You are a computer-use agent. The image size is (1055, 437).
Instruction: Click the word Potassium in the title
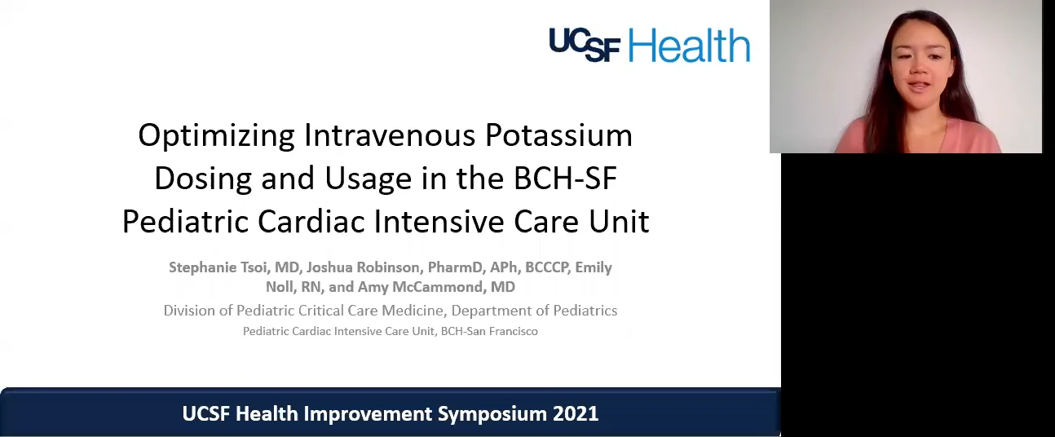(x=558, y=135)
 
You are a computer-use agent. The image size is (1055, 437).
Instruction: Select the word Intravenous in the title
(x=390, y=135)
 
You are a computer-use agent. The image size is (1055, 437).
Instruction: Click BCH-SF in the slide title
(x=565, y=179)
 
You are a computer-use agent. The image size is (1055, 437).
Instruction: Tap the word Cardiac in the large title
(x=311, y=222)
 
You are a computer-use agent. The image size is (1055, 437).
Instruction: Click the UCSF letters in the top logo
(x=585, y=45)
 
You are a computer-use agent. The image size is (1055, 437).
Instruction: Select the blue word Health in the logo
(x=690, y=45)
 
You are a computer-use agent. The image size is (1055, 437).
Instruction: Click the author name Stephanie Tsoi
(x=219, y=267)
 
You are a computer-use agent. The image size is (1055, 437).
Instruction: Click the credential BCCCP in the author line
(x=546, y=267)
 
